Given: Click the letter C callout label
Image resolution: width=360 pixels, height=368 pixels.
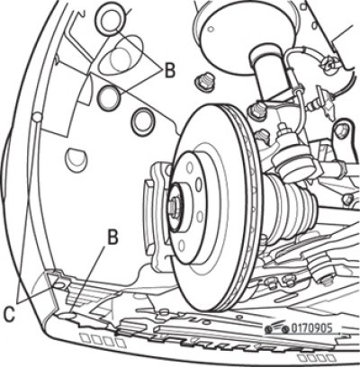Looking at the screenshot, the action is click(9, 314).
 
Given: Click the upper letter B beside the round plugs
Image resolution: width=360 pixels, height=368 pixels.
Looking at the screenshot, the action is click(169, 71).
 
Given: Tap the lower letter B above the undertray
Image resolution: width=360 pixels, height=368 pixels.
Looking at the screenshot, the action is click(112, 237).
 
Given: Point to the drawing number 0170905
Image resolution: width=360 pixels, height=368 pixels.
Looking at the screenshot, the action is click(311, 328).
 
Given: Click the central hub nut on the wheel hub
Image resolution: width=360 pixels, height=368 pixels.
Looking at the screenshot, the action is click(173, 207).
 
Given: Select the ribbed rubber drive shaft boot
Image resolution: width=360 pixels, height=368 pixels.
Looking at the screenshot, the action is click(291, 208).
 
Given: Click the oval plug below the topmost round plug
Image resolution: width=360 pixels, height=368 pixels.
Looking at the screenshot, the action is click(122, 56).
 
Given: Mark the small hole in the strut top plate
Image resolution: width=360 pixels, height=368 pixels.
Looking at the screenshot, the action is click(211, 29).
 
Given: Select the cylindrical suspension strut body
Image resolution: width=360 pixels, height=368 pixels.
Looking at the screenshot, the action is click(268, 70).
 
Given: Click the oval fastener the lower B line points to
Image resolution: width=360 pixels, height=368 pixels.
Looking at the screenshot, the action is click(67, 315).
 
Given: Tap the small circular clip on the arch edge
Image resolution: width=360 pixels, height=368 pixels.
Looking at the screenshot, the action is click(37, 117).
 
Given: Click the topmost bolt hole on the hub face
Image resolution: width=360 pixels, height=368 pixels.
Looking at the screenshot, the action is click(190, 167).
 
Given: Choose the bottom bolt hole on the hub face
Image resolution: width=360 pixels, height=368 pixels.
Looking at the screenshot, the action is click(182, 246).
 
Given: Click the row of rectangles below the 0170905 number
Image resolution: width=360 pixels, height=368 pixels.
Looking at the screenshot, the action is click(317, 357).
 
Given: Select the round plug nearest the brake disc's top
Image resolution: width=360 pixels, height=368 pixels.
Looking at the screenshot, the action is click(143, 122).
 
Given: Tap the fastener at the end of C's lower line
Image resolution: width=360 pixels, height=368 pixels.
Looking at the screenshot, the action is click(59, 283).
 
